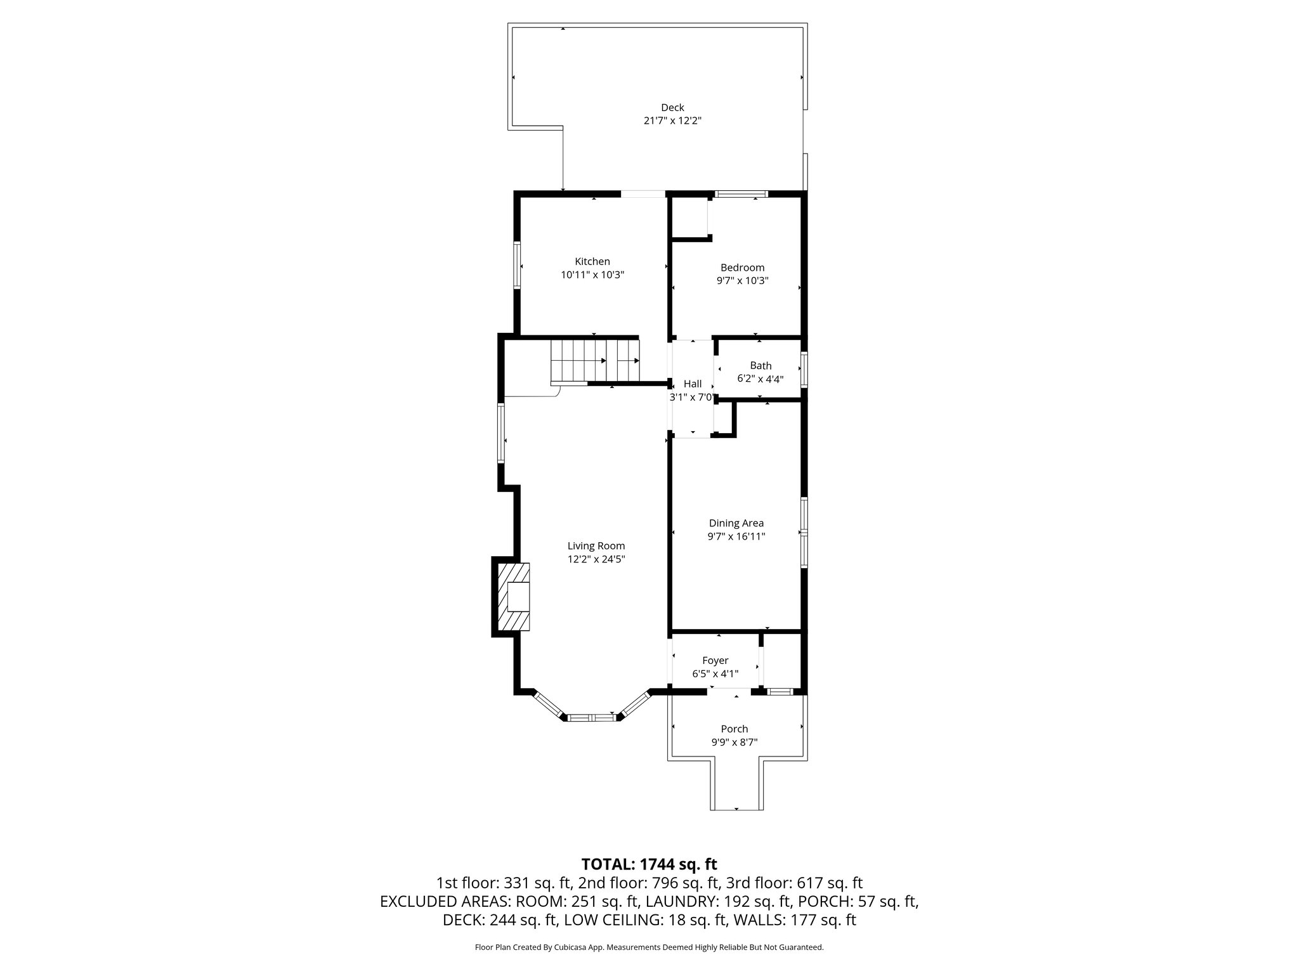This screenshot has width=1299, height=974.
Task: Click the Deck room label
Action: click(672, 108)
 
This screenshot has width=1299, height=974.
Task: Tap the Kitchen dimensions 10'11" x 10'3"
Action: click(592, 275)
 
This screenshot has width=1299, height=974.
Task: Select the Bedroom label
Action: click(742, 268)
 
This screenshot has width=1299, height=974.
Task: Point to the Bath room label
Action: click(760, 366)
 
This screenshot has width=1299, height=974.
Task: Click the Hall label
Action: click(693, 384)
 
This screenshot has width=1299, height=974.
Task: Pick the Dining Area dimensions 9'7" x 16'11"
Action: click(736, 536)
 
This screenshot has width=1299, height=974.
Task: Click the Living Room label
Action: click(596, 546)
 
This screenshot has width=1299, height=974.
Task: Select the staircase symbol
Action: click(595, 360)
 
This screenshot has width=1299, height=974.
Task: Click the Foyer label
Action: click(715, 661)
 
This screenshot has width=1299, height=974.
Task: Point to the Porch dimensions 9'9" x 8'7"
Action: click(734, 743)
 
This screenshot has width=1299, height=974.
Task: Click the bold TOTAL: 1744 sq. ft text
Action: click(649, 864)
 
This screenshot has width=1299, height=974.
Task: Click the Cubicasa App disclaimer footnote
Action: click(649, 947)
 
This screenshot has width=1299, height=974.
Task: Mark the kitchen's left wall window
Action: click(518, 265)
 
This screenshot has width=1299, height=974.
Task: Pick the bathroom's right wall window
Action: click(804, 370)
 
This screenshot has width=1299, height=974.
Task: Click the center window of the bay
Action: click(591, 718)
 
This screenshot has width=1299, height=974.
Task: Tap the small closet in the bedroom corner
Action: click(689, 218)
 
